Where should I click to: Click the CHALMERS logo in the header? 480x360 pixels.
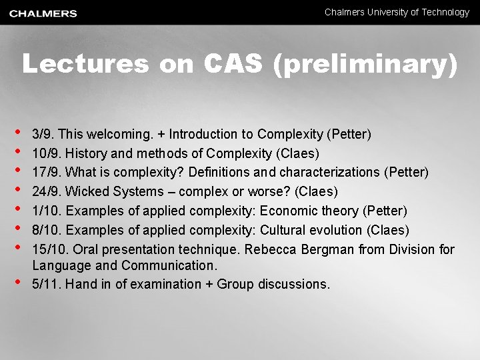(x=43, y=13)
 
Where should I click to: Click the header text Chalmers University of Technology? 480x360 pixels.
(x=397, y=12)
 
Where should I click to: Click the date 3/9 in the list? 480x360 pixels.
(x=41, y=135)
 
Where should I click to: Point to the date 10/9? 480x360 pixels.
(x=45, y=153)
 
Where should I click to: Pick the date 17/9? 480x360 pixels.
(x=45, y=173)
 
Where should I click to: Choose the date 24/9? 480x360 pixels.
(x=45, y=192)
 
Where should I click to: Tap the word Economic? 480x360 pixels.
(x=287, y=211)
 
